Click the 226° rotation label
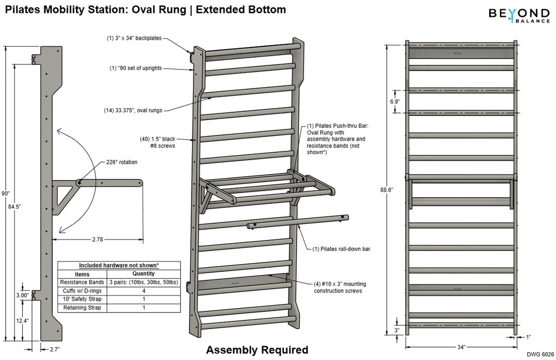[x=123, y=162]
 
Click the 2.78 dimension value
[x=97, y=239]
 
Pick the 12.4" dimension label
[x=22, y=320]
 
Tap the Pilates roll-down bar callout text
[x=341, y=249]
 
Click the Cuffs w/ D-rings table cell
[x=82, y=290]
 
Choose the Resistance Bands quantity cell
[x=144, y=282]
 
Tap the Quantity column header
[x=144, y=274]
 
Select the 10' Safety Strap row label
[x=82, y=299]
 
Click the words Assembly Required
[x=257, y=350]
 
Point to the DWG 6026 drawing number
[x=540, y=355]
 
